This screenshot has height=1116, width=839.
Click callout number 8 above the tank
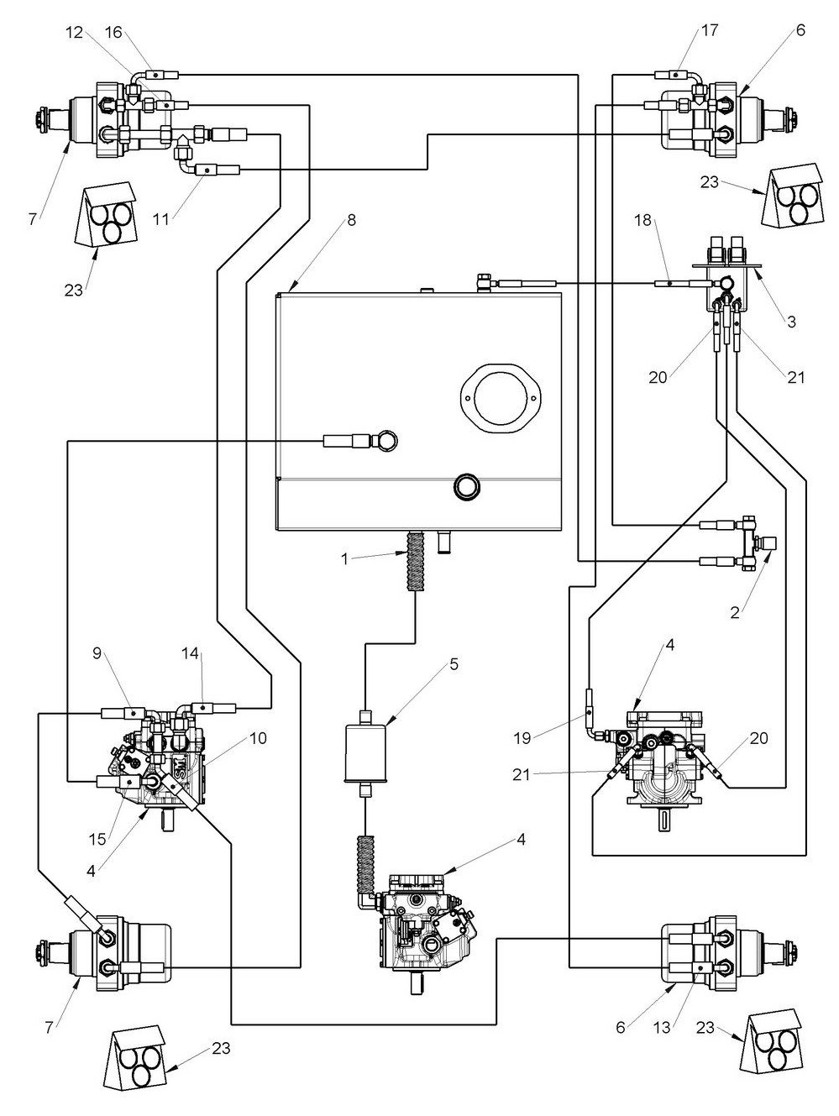point(351,220)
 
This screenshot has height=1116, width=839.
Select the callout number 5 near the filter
point(454,664)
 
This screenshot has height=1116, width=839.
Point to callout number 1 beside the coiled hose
point(344,559)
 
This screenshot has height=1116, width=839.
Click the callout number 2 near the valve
point(735,613)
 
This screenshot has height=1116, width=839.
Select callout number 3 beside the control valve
point(791,322)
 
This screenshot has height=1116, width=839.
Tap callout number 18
point(642,221)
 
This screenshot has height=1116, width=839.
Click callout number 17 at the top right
point(710,30)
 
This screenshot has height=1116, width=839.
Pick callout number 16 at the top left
point(113,32)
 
